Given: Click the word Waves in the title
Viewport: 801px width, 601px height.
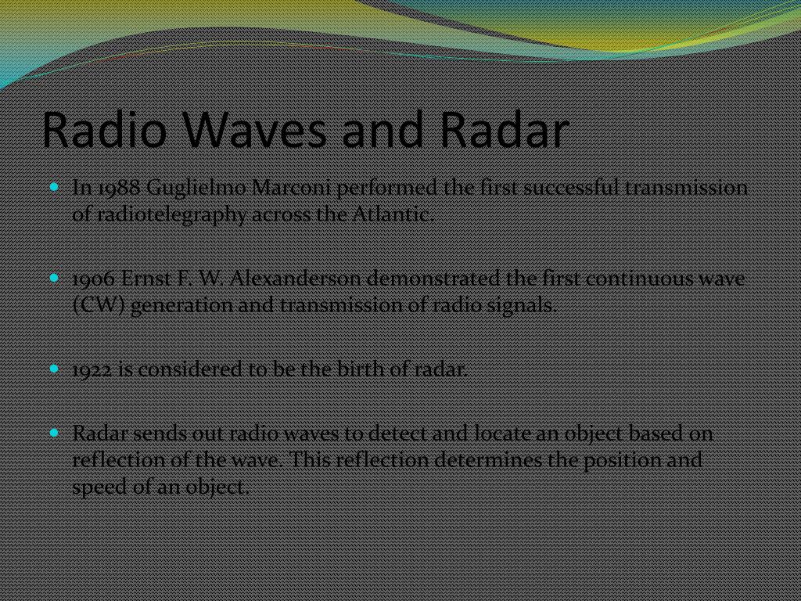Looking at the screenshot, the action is [254, 130].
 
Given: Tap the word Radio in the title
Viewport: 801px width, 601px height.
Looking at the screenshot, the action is [105, 130].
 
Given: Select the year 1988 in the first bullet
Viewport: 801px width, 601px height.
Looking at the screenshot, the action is [119, 188].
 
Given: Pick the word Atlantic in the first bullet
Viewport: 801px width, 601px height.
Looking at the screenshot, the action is [393, 214].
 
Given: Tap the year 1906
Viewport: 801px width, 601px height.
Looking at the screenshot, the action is [95, 279].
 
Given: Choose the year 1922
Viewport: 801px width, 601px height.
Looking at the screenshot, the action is [92, 369].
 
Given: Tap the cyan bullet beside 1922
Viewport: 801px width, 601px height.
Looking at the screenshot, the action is [54, 368].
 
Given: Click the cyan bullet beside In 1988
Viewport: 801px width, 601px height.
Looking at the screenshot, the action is [54, 187].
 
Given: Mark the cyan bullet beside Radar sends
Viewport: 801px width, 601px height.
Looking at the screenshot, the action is [54, 432].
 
